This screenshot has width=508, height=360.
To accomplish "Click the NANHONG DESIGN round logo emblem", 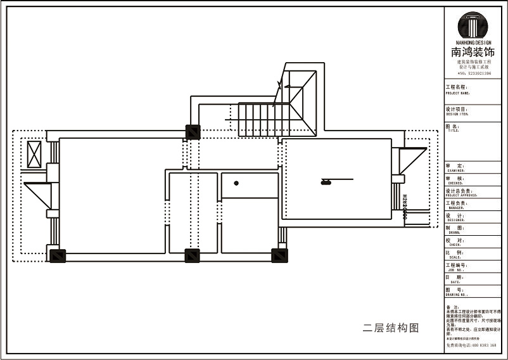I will click(x=473, y=25).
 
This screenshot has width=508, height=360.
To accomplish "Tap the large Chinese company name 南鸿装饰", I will click(x=473, y=53).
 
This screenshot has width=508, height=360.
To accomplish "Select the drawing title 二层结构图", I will click(x=391, y=328).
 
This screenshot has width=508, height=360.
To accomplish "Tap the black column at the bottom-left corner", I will click(x=57, y=255).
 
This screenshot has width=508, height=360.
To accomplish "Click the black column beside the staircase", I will click(x=193, y=132).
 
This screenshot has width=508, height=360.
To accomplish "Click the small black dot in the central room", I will click(x=236, y=183).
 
